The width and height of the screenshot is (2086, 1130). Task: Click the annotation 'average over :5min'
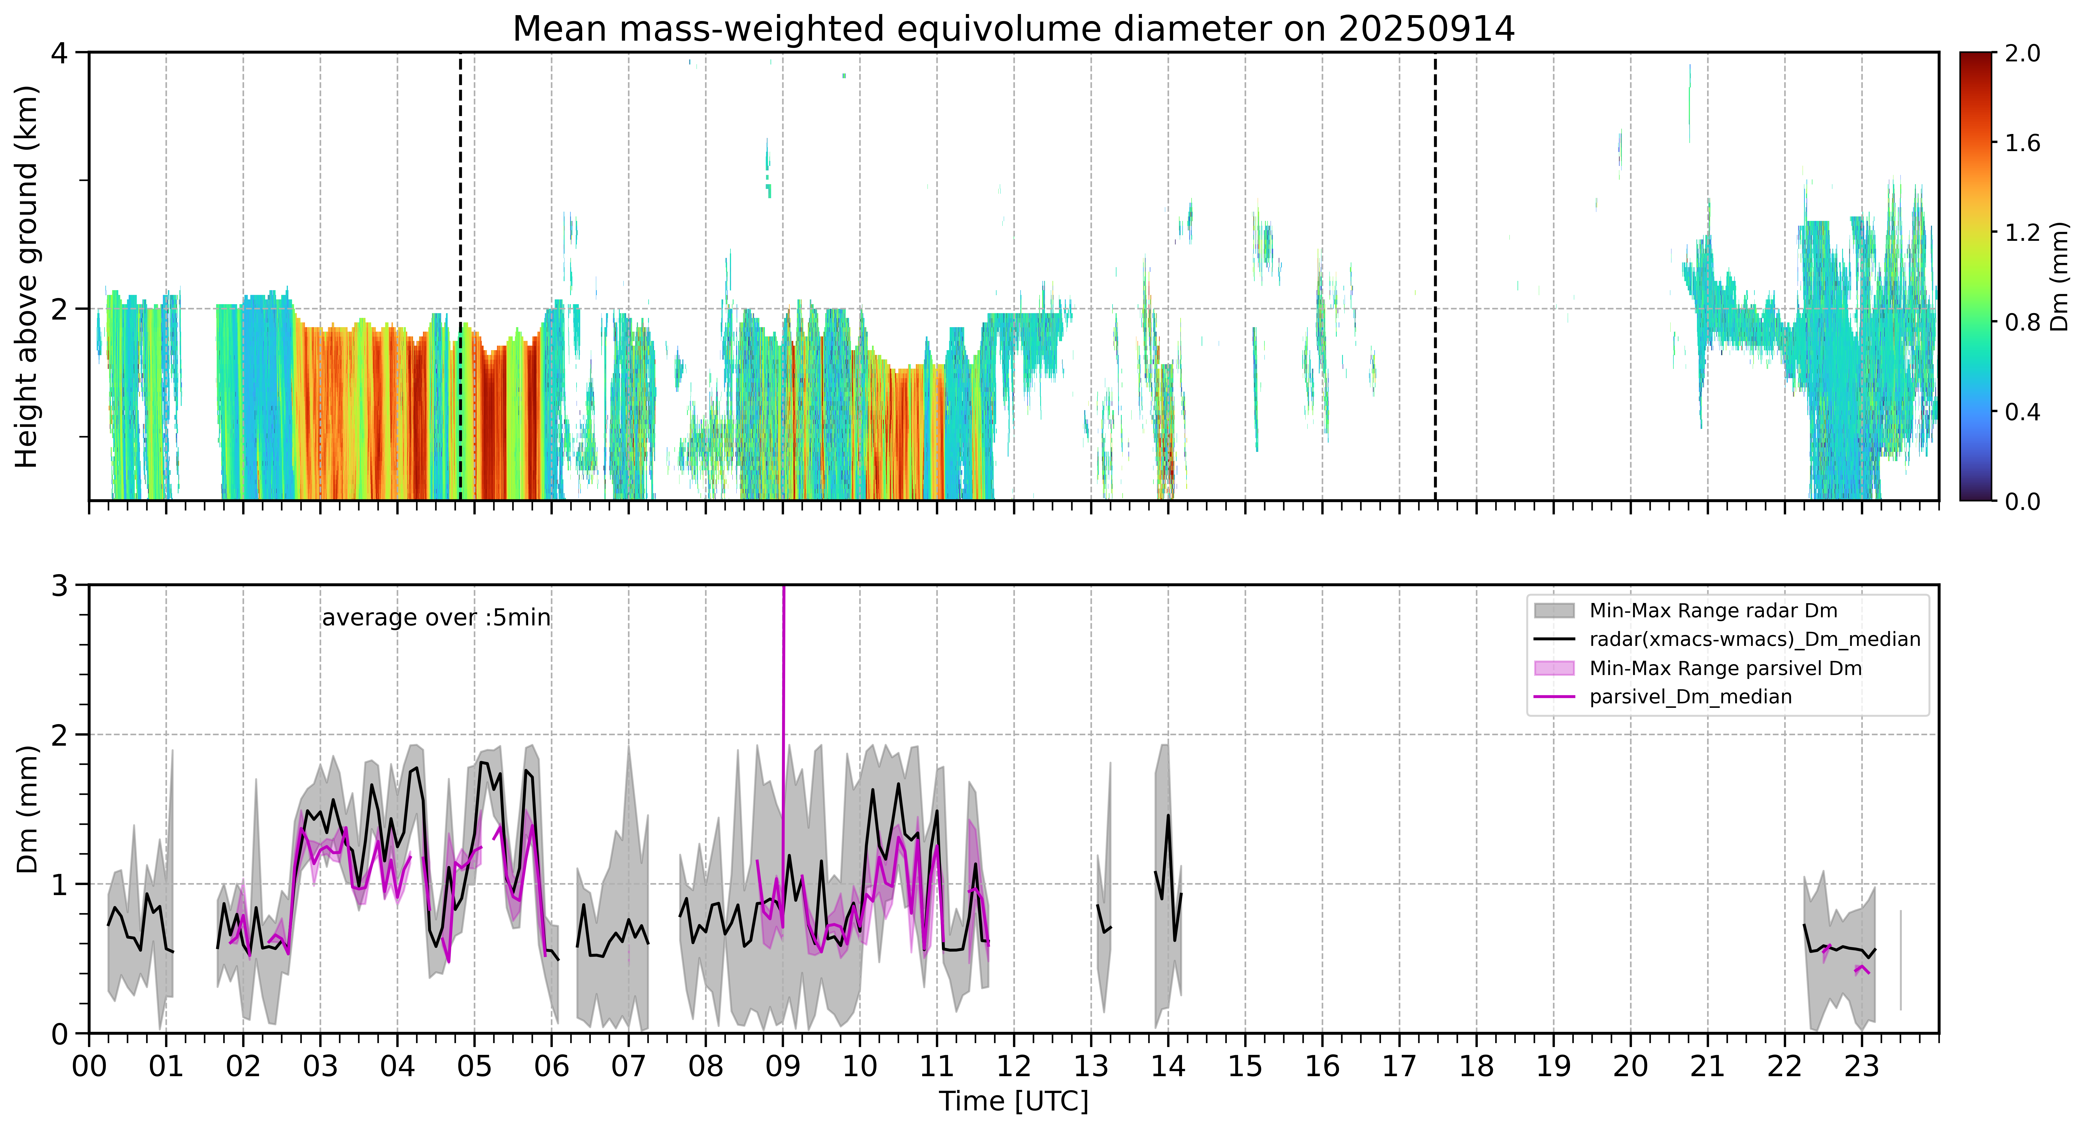pyautogui.click(x=436, y=618)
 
